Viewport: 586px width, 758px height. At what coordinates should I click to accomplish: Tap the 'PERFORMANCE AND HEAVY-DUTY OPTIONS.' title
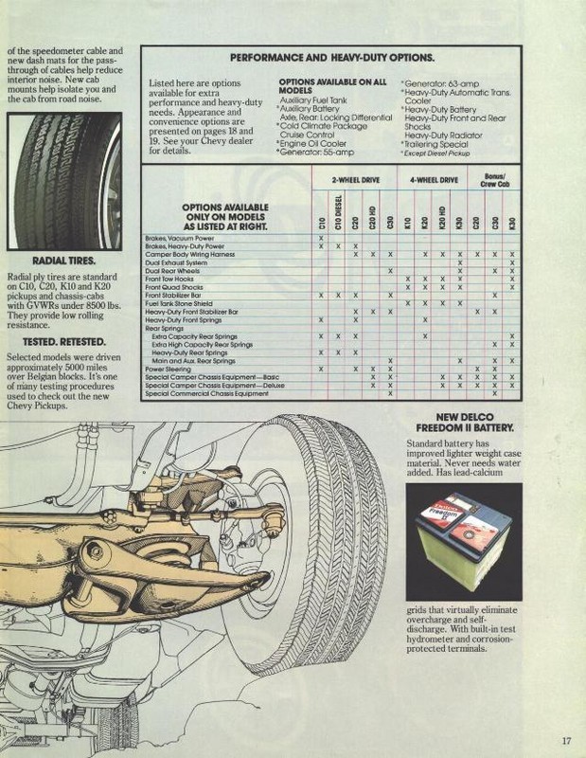(x=332, y=58)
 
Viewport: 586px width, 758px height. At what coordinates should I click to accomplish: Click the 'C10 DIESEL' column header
(x=339, y=210)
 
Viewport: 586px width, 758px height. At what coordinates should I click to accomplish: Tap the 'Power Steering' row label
(x=167, y=369)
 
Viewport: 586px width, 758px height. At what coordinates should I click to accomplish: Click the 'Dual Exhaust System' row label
(x=175, y=262)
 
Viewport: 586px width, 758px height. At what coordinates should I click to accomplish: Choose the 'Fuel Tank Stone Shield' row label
(x=179, y=303)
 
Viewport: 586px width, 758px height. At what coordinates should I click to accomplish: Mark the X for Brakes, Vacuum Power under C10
(x=322, y=238)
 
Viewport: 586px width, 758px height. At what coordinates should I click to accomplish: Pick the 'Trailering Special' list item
(x=436, y=144)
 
